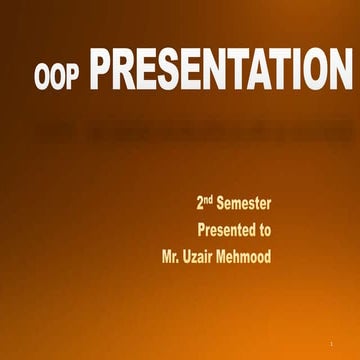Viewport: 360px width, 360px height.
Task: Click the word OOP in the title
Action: point(57,76)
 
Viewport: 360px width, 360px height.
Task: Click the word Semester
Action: point(244,204)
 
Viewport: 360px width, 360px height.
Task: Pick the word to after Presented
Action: point(263,230)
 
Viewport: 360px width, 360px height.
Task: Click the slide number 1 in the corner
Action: point(329,344)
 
